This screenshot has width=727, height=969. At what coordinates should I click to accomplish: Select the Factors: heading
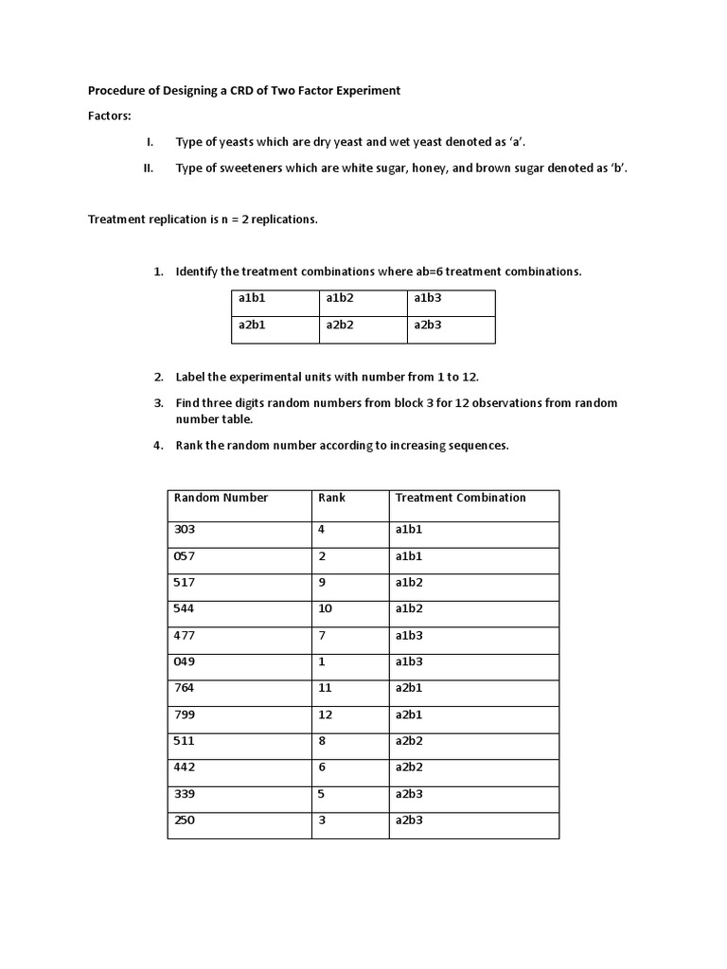pos(110,115)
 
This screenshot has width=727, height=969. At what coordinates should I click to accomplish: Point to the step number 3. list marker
pos(159,403)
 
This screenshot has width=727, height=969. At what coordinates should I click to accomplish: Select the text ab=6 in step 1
pos(432,272)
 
